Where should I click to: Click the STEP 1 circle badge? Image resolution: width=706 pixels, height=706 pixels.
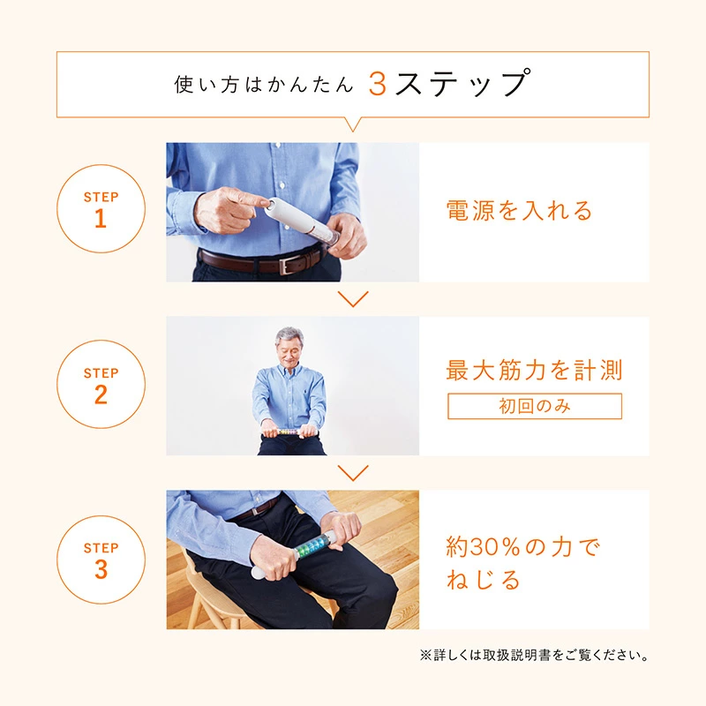100,210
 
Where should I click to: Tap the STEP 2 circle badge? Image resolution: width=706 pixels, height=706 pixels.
100,385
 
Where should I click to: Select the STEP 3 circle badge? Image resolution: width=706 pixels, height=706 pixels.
100,560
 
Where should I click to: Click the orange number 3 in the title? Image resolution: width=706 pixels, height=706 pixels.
378,84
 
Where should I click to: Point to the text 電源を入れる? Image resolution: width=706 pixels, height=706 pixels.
519,211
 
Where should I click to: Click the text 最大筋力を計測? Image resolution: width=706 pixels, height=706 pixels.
534,370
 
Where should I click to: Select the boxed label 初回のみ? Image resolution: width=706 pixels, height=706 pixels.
534,406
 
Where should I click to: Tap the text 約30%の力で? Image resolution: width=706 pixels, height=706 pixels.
522,548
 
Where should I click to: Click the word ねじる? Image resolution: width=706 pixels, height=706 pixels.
484,581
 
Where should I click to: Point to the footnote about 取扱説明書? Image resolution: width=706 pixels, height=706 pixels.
535,656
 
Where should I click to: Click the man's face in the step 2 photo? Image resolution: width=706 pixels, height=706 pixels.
289,348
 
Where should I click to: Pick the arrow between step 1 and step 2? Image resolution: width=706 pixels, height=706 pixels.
353,299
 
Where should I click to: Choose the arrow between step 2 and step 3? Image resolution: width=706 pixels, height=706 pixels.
353,473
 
